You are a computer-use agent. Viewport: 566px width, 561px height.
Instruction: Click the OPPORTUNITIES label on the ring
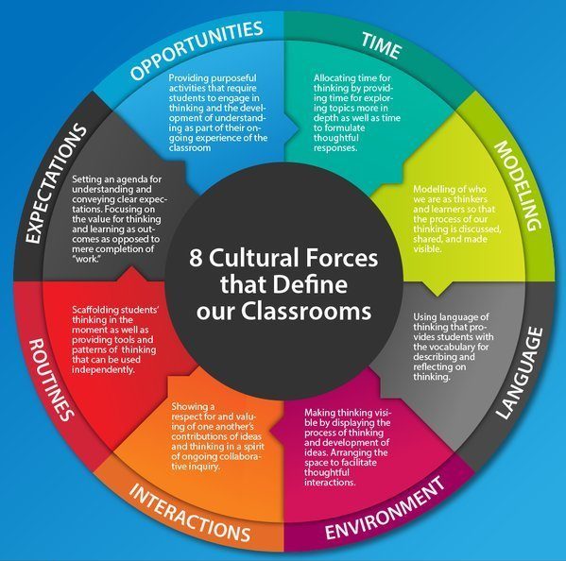click(197, 49)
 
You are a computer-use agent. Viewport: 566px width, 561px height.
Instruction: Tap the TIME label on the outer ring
click(382, 45)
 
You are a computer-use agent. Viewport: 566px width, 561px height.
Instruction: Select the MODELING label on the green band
click(519, 185)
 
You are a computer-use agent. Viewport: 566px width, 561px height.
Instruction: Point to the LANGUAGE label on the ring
click(521, 373)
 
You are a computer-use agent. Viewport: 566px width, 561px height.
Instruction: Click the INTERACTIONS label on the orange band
click(190, 512)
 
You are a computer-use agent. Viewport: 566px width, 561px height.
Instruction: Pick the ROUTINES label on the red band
click(51, 380)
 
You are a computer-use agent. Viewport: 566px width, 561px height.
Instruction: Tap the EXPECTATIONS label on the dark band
click(57, 183)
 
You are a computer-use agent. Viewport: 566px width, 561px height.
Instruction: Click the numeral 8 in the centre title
click(196, 259)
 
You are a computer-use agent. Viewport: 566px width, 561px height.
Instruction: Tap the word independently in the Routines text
click(103, 370)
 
